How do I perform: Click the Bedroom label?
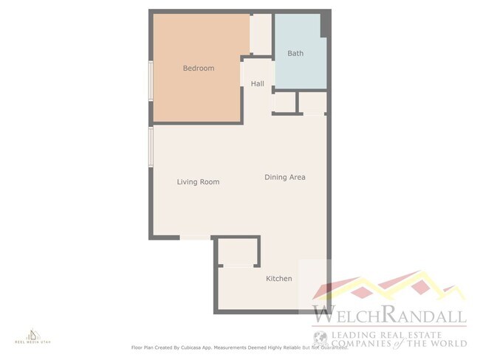pos(199,69)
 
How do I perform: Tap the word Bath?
pos(295,53)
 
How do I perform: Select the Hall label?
pos(257,84)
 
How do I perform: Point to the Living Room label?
pos(198,181)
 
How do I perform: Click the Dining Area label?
pos(285,177)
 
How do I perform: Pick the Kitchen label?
pos(279,278)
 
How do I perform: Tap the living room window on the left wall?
pos(151,148)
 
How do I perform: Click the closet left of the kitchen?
pos(237,253)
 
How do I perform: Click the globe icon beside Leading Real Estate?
pos(320,338)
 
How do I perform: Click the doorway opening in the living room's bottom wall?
pos(196,238)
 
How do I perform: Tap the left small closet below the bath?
pos(284,103)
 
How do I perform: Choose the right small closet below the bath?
pos(312,103)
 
